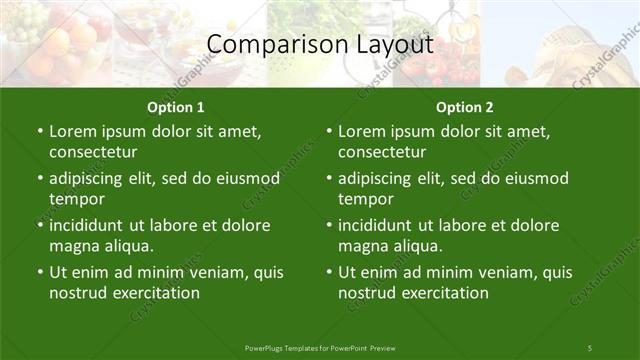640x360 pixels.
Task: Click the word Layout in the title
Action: click(x=393, y=44)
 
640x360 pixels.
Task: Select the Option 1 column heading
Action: click(x=175, y=107)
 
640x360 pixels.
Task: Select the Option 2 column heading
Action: click(x=464, y=107)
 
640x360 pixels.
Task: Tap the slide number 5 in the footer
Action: click(x=589, y=347)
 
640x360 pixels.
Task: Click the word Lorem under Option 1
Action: click(x=72, y=131)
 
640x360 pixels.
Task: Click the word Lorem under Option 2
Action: click(x=361, y=131)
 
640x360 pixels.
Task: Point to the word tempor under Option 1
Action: click(x=76, y=199)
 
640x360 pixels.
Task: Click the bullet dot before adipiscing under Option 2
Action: click(x=329, y=178)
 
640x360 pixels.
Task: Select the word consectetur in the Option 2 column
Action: click(x=382, y=152)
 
